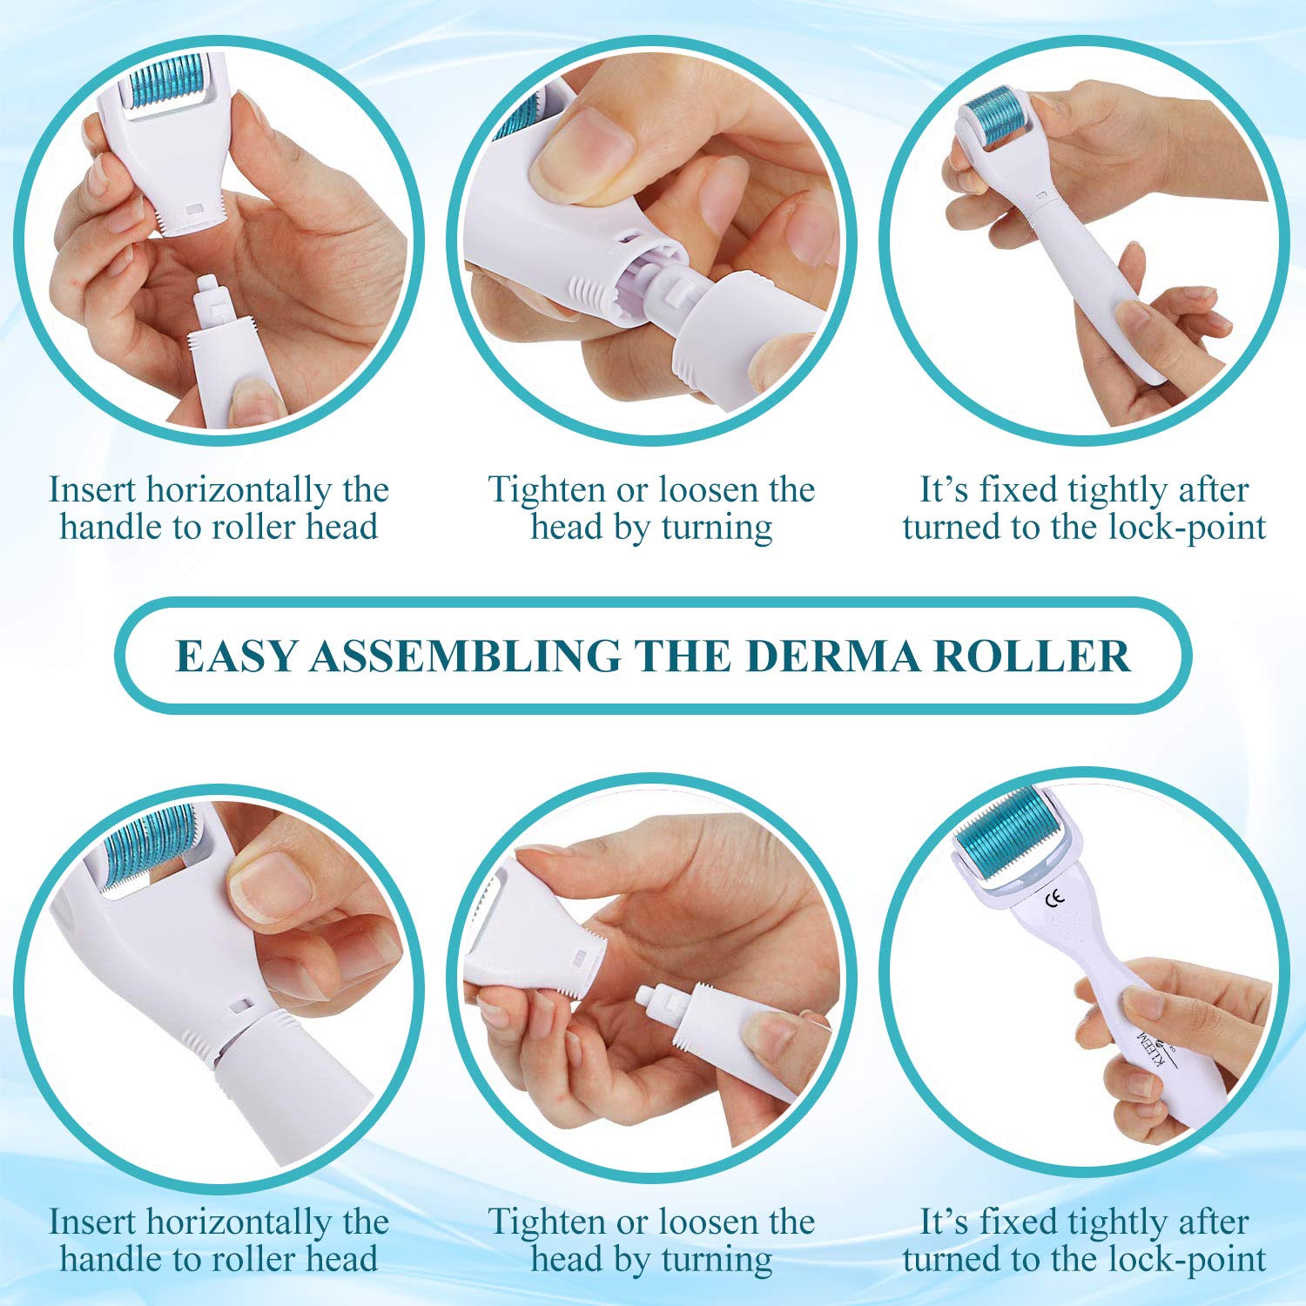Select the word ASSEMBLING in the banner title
(466, 656)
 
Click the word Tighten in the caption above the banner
(548, 490)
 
